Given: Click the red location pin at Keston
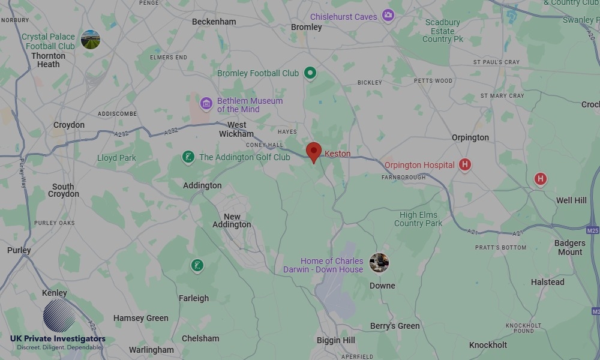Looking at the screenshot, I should tap(314, 151).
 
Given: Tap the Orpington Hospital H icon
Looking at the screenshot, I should tap(464, 164).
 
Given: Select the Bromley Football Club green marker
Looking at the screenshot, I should tap(310, 73).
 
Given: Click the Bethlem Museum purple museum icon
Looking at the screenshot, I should tap(206, 104).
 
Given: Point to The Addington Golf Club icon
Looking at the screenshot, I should tap(188, 157).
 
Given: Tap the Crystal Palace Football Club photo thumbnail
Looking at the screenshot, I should tap(90, 40).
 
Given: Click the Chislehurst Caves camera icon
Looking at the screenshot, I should tap(388, 15).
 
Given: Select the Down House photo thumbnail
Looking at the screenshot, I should tap(379, 262).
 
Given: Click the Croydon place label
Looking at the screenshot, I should tap(69, 125).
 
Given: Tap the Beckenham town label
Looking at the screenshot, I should tap(214, 22).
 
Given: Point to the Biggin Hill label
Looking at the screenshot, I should tap(336, 340).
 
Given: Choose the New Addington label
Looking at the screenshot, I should tap(232, 221).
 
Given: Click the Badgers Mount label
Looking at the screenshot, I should tap(569, 247).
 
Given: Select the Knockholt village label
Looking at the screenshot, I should tap(488, 345).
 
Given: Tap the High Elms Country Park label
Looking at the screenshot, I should tap(418, 219).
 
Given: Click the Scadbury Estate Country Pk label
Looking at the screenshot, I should tap(443, 31).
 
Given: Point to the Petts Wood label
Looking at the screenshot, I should tap(433, 80).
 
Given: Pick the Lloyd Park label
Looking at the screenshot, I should tap(116, 158).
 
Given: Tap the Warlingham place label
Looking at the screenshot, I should tap(151, 350).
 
